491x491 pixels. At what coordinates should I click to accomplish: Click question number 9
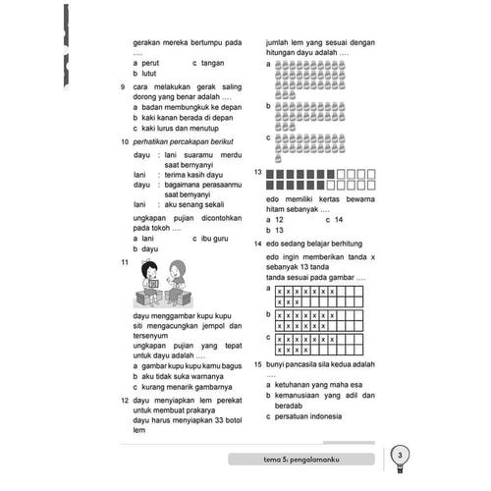point(121,87)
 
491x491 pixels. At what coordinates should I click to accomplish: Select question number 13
point(256,172)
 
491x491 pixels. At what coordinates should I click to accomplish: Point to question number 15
point(256,363)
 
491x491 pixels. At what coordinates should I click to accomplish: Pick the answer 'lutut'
point(149,74)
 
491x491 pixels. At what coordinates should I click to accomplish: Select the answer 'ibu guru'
point(215,238)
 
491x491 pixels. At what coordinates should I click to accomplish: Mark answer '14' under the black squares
point(337,219)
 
